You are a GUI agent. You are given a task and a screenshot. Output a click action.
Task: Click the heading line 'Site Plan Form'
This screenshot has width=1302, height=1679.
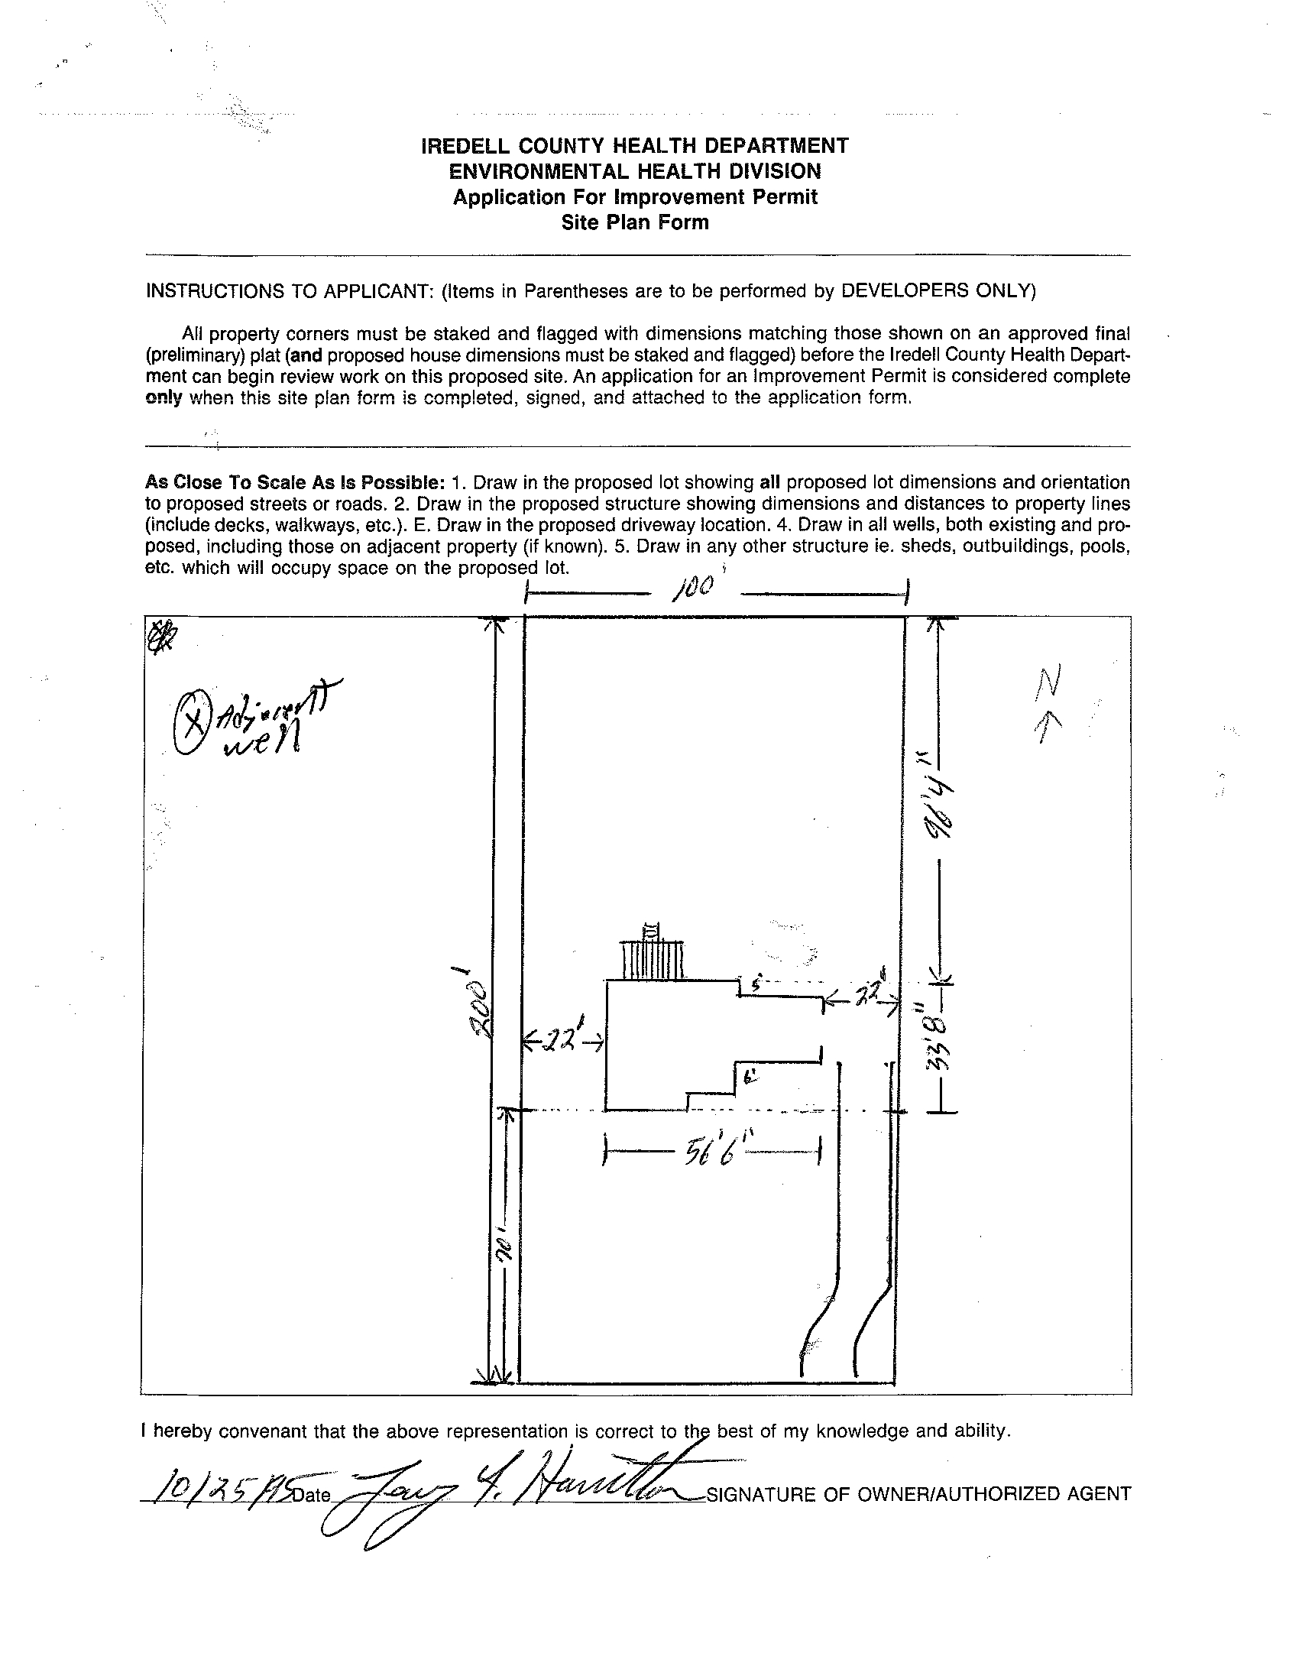635,223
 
